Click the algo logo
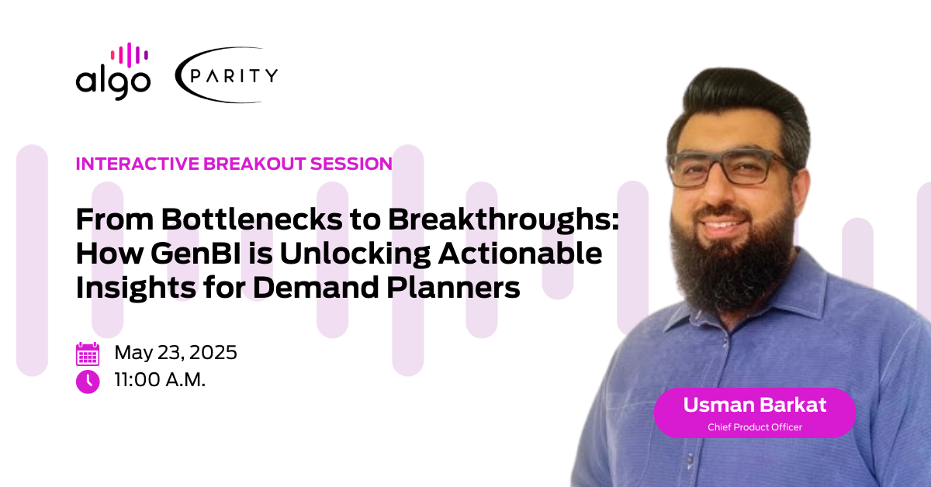click(x=113, y=71)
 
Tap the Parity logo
click(x=227, y=74)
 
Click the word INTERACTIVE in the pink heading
click(x=137, y=164)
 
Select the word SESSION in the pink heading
click(x=351, y=164)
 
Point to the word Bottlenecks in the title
click(x=252, y=219)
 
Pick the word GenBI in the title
click(x=196, y=254)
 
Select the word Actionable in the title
click(x=521, y=254)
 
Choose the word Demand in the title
click(x=316, y=288)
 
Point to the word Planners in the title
click(x=453, y=288)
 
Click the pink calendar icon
click(x=88, y=354)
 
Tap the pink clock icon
click(x=88, y=382)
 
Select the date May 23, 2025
click(x=176, y=353)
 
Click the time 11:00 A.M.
click(x=160, y=380)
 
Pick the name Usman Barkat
click(x=755, y=405)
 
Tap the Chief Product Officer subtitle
click(x=755, y=427)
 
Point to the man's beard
click(x=732, y=262)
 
